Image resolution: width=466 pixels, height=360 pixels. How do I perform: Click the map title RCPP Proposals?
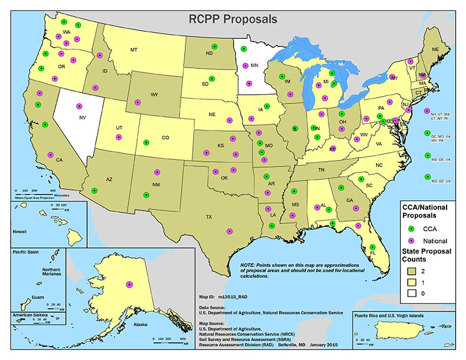click(232, 18)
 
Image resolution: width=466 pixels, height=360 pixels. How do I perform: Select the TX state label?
click(208, 217)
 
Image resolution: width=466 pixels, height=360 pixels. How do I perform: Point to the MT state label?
click(134, 49)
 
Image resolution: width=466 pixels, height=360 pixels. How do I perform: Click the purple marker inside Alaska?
click(129, 284)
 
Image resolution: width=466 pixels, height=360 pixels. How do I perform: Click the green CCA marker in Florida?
click(372, 247)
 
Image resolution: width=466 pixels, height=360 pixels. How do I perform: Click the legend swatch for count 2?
click(412, 269)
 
